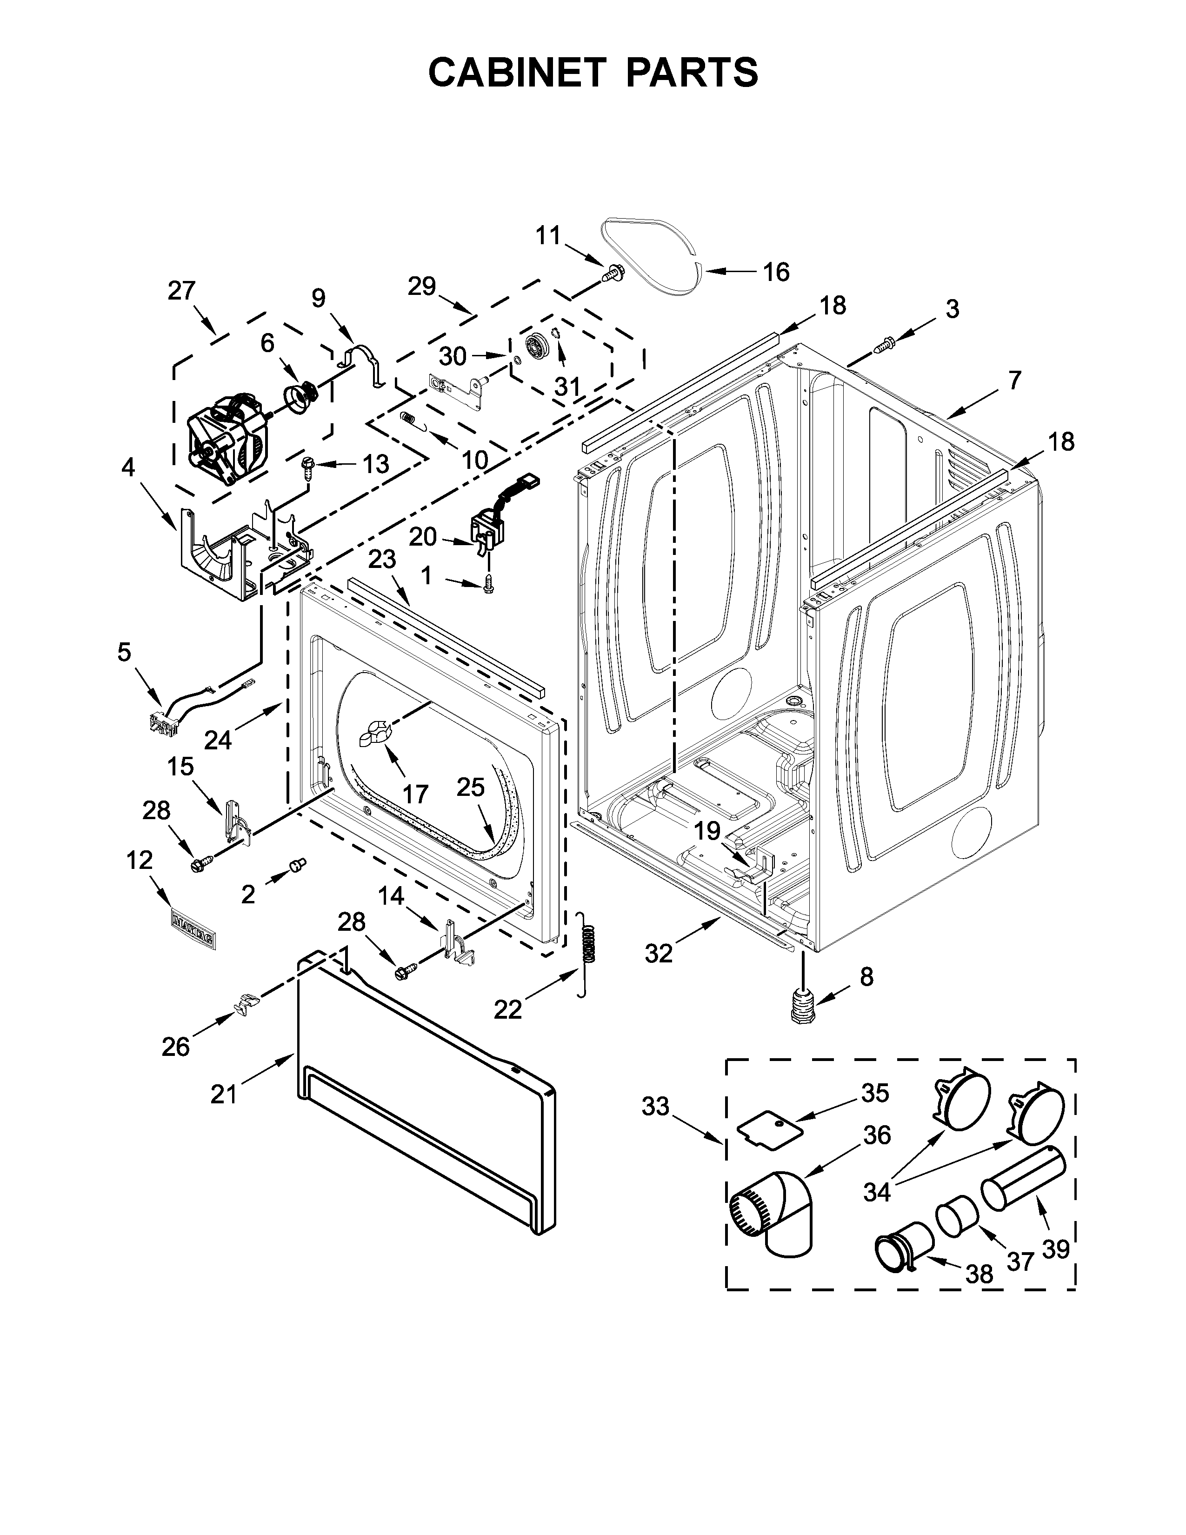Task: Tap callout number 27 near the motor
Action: (181, 291)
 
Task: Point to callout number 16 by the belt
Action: (776, 272)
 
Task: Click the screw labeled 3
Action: (884, 344)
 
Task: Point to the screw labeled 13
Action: (307, 466)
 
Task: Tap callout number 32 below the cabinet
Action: (658, 953)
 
